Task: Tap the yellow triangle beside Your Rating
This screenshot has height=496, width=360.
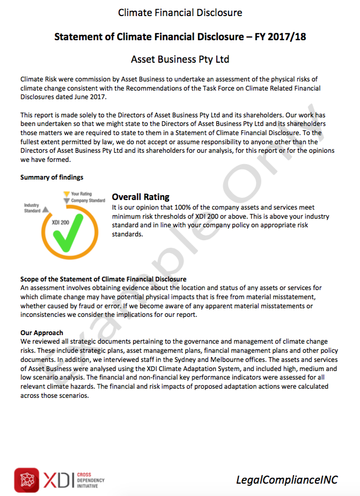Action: tap(66, 194)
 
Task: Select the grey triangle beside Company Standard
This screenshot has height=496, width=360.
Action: tap(66, 201)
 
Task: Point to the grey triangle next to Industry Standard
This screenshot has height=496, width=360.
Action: tap(46, 210)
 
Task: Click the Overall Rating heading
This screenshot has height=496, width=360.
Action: tap(141, 197)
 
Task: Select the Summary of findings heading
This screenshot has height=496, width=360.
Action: tap(52, 177)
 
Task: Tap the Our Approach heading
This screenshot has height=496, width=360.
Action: tap(42, 332)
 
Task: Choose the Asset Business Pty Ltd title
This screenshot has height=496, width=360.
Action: tap(180, 58)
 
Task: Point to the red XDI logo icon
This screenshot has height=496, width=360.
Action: tap(27, 479)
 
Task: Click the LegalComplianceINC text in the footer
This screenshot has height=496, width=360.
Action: tap(287, 480)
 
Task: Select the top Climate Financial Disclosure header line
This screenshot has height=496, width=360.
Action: tap(180, 12)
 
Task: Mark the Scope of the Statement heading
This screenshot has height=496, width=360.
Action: tap(103, 279)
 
